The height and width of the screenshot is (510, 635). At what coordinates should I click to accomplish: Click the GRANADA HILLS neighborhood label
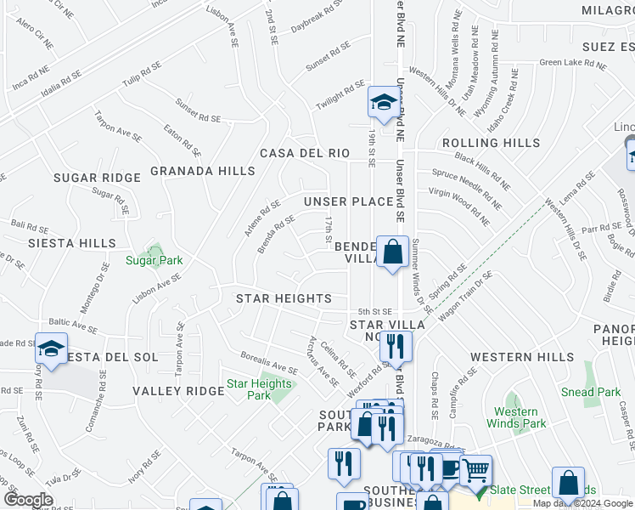[x=202, y=171]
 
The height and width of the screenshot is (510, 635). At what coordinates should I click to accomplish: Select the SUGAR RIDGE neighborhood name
[x=96, y=178]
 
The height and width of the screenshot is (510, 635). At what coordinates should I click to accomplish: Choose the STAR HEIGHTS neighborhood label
[x=284, y=298]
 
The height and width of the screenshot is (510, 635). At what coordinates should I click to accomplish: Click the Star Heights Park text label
[x=259, y=389]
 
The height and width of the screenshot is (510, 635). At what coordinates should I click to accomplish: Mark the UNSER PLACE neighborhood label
[x=348, y=201]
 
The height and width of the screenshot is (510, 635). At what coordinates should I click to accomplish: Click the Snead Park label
[x=591, y=392]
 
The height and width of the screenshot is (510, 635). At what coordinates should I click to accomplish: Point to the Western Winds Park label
[x=516, y=417]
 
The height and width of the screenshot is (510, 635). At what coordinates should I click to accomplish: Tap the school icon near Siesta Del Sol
[x=51, y=349]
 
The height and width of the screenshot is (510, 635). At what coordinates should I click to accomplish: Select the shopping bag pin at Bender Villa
[x=392, y=252]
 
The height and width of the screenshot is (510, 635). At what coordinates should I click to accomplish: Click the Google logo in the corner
[x=28, y=500]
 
